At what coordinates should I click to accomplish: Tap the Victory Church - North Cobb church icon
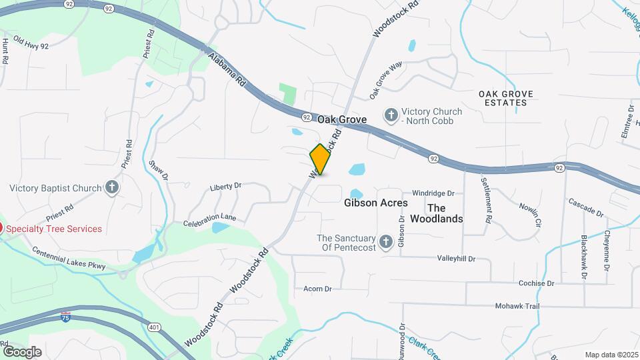pos(391,115)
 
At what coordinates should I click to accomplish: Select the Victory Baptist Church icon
pos(112,188)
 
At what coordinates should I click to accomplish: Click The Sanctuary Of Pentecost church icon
pos(385,243)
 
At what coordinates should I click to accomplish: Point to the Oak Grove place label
pos(342,119)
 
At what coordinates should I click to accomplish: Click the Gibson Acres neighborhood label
pos(376,203)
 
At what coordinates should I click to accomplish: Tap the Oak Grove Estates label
pos(503,98)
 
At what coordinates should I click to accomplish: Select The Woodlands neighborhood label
pos(436,213)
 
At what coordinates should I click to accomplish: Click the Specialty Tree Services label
pos(55,229)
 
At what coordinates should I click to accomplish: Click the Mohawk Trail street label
pos(516,306)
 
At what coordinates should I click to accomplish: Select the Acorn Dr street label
pos(317,289)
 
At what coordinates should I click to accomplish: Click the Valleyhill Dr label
pos(456,258)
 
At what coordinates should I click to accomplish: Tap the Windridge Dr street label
pos(433,193)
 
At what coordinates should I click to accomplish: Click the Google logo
pos(22,351)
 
